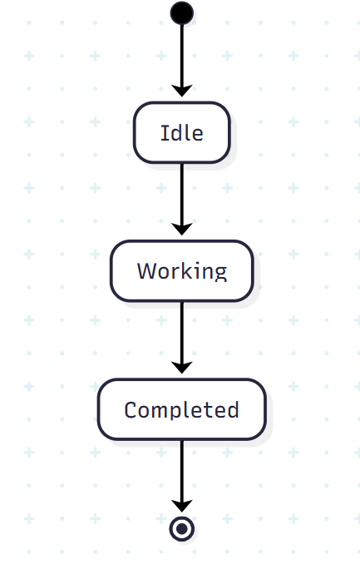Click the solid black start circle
tap(181, 13)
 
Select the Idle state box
tap(181, 132)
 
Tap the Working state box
tap(181, 270)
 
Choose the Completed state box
tap(181, 409)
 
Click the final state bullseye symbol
tap(181, 529)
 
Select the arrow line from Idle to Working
tap(181, 199)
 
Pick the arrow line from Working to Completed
tap(181, 338)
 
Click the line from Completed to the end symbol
tap(181, 476)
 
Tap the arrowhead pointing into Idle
tap(181, 91)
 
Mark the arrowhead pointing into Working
tap(181, 230)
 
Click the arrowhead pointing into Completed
tap(181, 368)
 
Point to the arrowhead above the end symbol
tap(181, 507)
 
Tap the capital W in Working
tap(147, 270)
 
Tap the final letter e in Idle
tap(196, 135)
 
